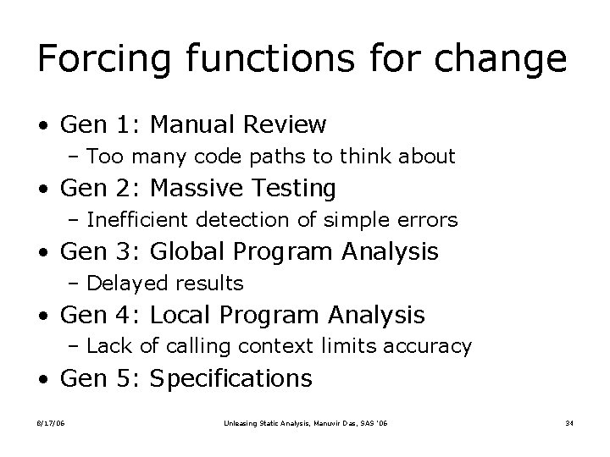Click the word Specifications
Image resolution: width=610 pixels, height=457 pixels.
231,378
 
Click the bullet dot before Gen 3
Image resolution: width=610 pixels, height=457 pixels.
43,252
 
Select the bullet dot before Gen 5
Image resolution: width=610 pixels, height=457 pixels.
43,379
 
